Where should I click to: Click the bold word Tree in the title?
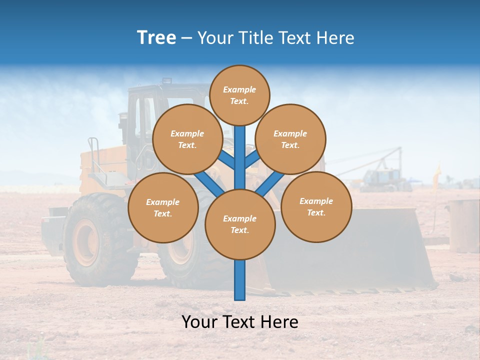pyautogui.click(x=156, y=37)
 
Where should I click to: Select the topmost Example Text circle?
pyautogui.click(x=239, y=95)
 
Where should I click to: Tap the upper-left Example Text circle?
pyautogui.click(x=187, y=139)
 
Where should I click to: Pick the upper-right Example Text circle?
pyautogui.click(x=290, y=139)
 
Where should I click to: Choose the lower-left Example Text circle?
pyautogui.click(x=163, y=208)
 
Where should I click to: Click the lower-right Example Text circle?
pyautogui.click(x=316, y=207)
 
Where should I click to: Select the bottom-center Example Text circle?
pyautogui.click(x=240, y=224)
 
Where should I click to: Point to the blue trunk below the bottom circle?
pyautogui.click(x=240, y=280)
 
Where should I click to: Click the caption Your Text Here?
pyautogui.click(x=240, y=322)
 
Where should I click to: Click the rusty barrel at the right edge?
pyautogui.click(x=463, y=225)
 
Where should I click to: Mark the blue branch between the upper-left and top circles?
pyautogui.click(x=226, y=160)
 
